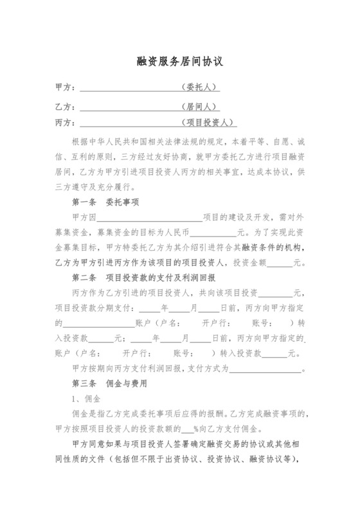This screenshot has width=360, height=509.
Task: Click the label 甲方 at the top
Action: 65,87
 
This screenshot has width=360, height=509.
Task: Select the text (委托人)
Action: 200,87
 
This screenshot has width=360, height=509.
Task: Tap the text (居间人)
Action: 200,105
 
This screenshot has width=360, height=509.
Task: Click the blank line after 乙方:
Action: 129,106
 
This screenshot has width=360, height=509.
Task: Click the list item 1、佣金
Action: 84,399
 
